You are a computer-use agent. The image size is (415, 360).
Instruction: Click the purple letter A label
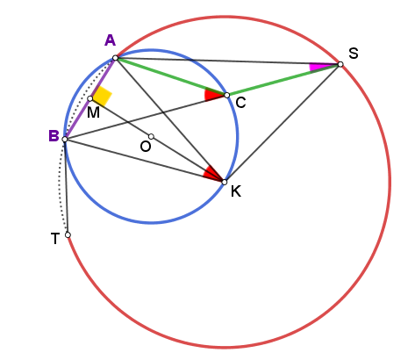110,40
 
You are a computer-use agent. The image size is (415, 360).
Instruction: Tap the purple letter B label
54,136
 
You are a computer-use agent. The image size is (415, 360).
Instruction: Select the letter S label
354,54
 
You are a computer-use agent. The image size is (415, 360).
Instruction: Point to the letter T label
55,239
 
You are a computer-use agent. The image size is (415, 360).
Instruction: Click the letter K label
236,191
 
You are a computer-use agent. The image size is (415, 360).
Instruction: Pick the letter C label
240,103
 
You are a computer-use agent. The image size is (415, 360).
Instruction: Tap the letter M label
93,112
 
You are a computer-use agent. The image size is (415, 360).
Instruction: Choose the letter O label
146,147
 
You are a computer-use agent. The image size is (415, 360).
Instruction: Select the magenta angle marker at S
317,67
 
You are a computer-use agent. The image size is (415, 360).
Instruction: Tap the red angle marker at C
211,95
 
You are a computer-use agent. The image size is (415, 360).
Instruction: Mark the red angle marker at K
212,173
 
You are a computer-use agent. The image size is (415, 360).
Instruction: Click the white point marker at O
151,136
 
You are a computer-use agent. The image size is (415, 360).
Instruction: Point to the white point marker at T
68,234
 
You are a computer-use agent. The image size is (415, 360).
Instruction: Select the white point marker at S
340,64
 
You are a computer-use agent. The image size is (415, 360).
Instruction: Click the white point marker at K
225,182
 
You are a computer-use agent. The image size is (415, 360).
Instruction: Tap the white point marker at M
90,98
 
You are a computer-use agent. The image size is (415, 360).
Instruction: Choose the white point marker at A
115,58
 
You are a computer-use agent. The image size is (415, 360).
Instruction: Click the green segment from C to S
283,80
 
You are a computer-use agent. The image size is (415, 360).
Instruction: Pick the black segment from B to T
67,187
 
